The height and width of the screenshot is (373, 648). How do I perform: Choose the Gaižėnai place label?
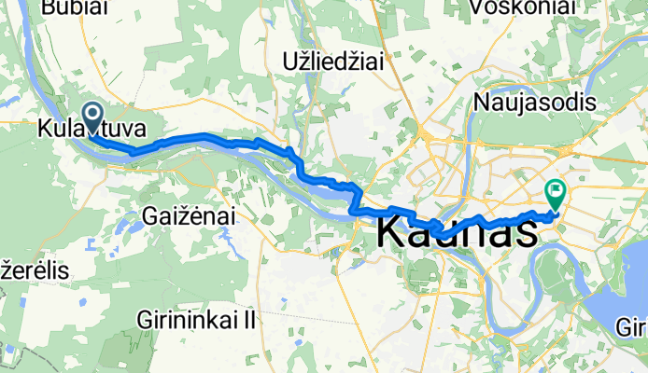click(190, 215)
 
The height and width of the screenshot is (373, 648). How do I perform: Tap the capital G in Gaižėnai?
click(150, 215)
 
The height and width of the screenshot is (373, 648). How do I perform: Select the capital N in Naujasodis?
click(484, 100)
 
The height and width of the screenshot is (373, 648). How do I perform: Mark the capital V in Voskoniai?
click(480, 7)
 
